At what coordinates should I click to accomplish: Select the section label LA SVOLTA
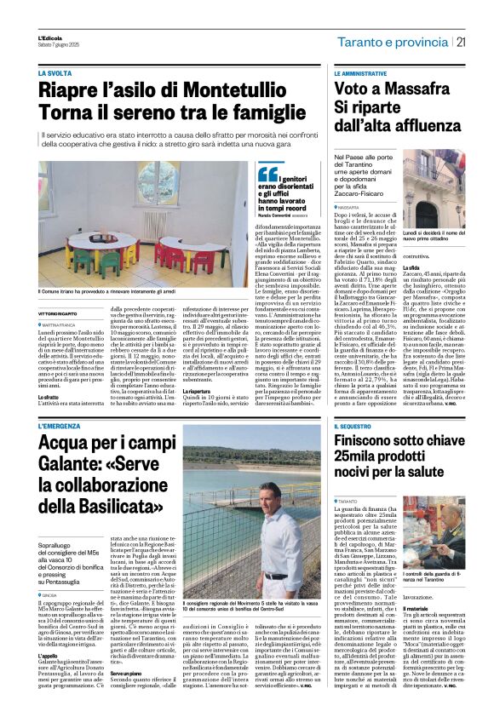pyautogui.click(x=56, y=74)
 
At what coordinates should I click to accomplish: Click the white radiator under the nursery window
pyautogui.click(x=155, y=225)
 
